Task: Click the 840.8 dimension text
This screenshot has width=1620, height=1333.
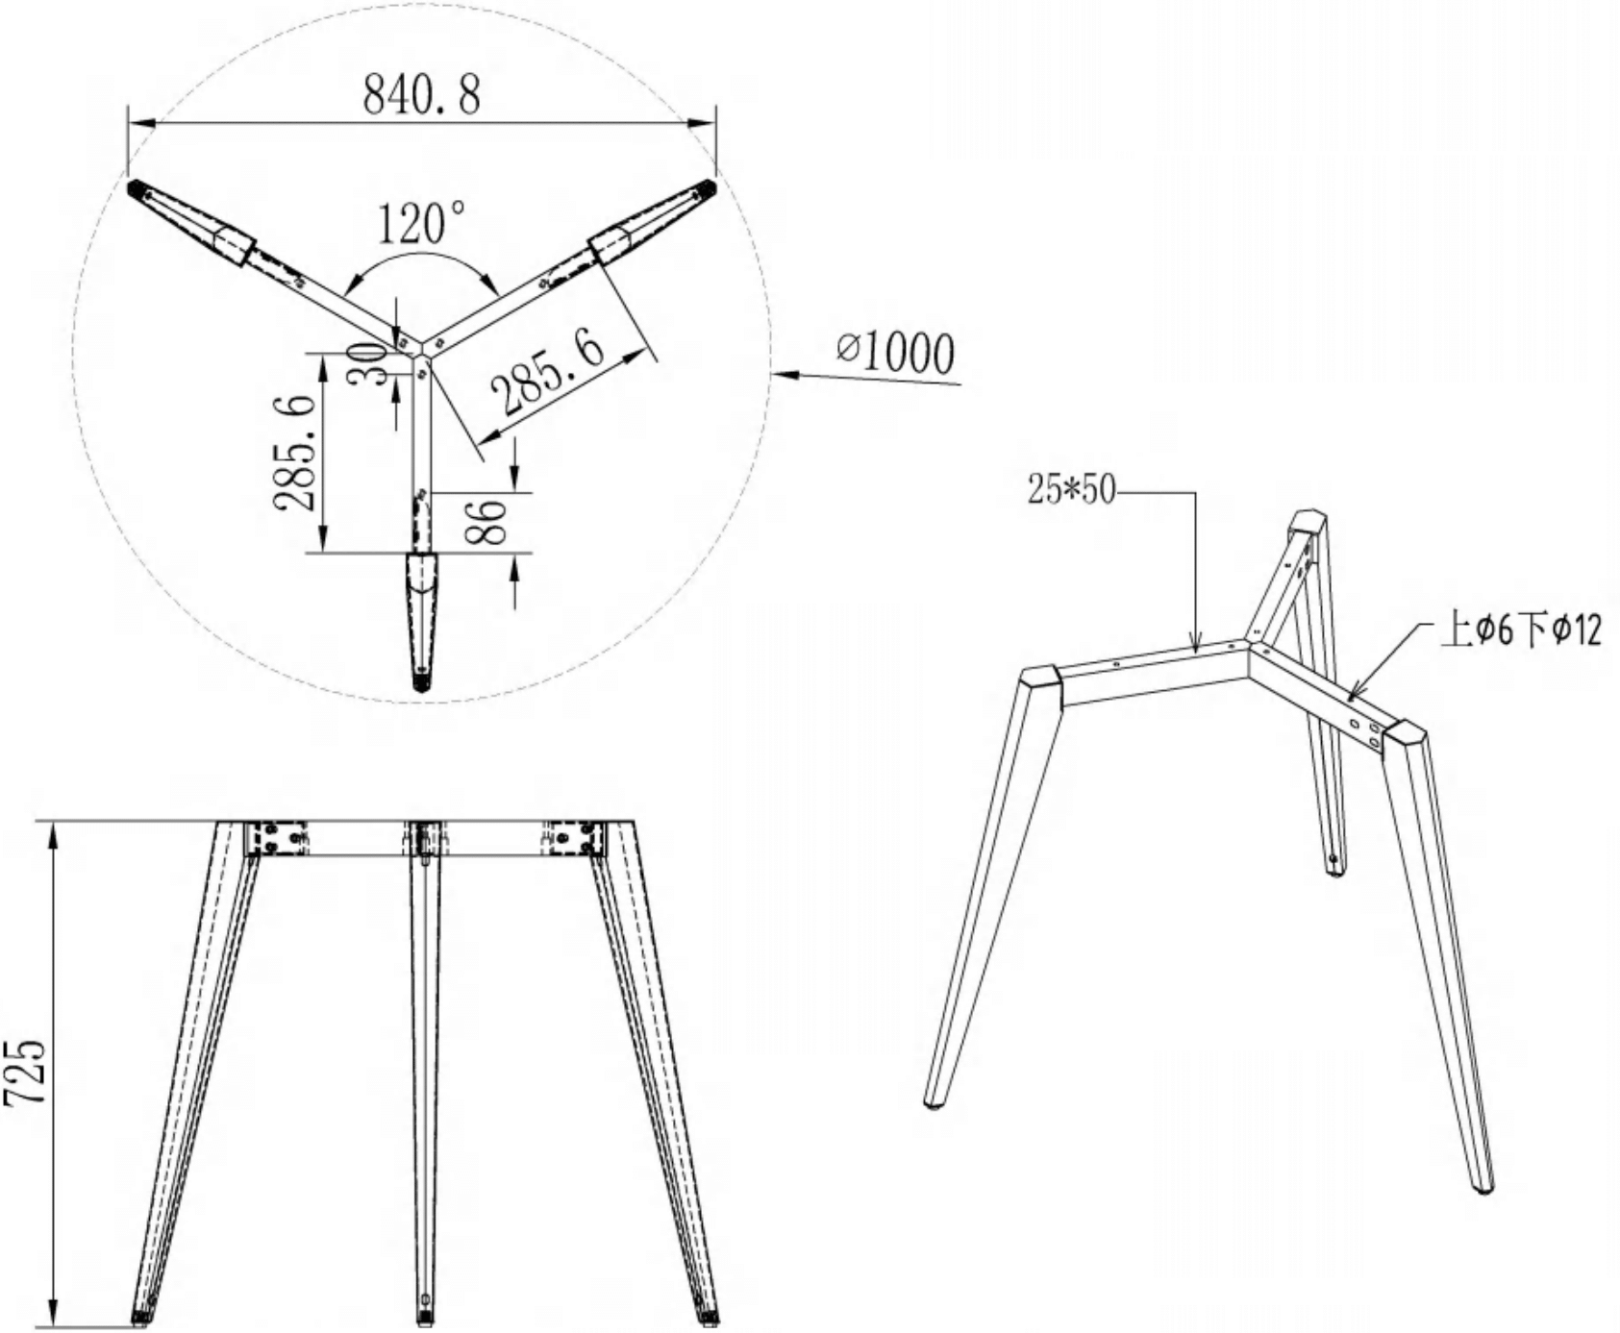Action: point(421,94)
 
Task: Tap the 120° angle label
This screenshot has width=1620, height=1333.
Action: point(420,223)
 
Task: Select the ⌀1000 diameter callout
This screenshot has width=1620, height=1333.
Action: point(896,353)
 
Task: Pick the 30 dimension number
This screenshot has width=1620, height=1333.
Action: point(366,363)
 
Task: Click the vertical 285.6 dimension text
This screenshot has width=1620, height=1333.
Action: point(294,452)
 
